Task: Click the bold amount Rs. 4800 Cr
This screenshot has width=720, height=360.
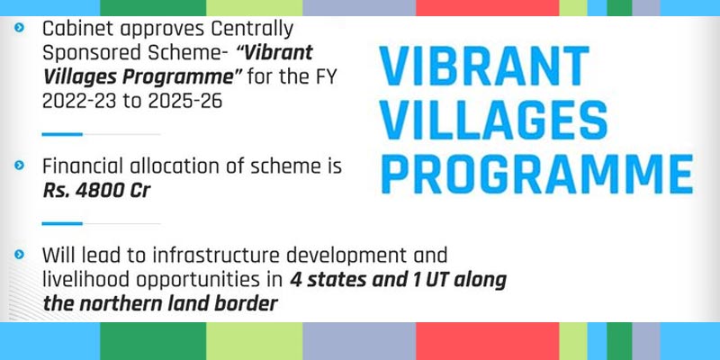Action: pyautogui.click(x=96, y=190)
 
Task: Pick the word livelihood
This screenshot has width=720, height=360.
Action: pyautogui.click(x=82, y=280)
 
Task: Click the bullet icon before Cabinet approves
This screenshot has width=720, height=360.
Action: pyautogui.click(x=19, y=29)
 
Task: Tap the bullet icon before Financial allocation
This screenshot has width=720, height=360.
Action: pyautogui.click(x=19, y=167)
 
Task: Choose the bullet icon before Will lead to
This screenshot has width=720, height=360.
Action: pyautogui.click(x=19, y=256)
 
